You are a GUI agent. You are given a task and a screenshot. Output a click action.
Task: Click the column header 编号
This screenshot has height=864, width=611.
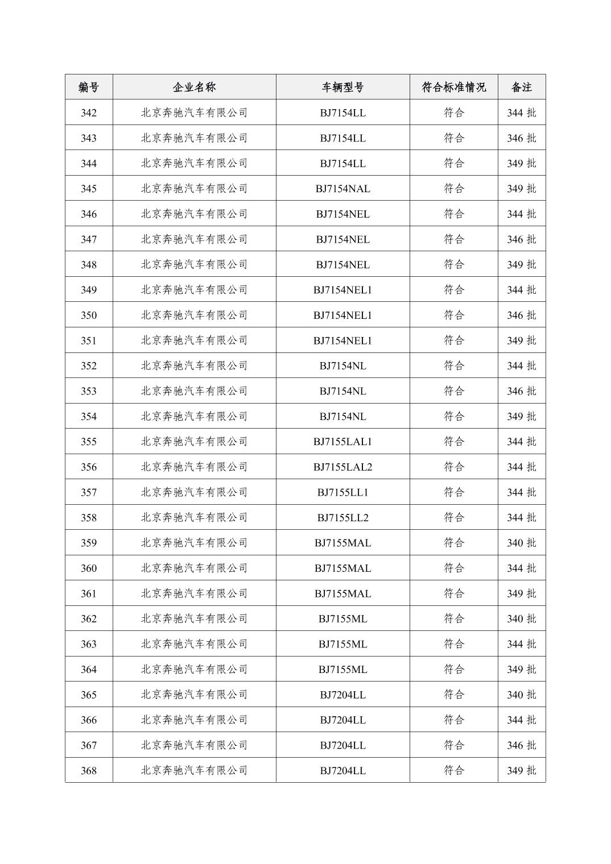click(x=89, y=87)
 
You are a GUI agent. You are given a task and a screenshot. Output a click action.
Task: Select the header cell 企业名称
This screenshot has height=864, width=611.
click(x=194, y=87)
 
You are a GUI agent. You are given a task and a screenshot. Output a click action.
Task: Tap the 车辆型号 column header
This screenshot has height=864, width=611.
click(x=342, y=87)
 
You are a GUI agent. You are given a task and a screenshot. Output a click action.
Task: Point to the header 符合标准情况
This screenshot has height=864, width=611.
click(x=453, y=87)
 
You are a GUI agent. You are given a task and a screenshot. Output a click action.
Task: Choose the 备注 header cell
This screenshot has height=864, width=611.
click(x=521, y=87)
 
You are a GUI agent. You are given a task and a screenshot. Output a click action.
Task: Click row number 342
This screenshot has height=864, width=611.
click(x=89, y=113)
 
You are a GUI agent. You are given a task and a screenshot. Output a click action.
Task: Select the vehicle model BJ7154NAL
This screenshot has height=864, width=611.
click(x=342, y=189)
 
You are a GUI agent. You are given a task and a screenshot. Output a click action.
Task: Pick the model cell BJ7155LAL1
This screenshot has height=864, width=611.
click(x=342, y=442)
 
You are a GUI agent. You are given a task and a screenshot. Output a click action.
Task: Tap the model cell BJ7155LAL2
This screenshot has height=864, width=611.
click(x=342, y=467)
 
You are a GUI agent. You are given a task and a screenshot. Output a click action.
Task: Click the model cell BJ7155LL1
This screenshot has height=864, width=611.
click(x=342, y=492)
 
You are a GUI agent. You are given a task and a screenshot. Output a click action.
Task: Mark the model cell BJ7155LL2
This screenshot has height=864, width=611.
click(x=342, y=518)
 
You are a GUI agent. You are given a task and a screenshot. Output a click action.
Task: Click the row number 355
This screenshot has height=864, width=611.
click(x=89, y=442)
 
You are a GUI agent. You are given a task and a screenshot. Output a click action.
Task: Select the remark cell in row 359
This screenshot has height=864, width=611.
click(x=521, y=543)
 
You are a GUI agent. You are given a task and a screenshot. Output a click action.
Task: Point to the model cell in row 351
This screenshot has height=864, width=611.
click(x=342, y=340)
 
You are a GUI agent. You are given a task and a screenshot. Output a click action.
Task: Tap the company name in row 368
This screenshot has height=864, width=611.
click(x=194, y=771)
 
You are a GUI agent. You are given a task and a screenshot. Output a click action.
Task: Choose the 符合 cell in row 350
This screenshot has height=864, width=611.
click(x=453, y=315)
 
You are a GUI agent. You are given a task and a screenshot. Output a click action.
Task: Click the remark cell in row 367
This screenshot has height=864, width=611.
click(x=521, y=745)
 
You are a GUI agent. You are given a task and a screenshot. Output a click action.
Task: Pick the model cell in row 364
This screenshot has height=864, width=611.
click(x=342, y=670)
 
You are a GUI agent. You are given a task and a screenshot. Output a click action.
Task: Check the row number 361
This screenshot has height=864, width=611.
click(x=89, y=593)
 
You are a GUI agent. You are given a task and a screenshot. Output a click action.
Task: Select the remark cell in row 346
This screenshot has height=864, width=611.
click(x=521, y=214)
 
